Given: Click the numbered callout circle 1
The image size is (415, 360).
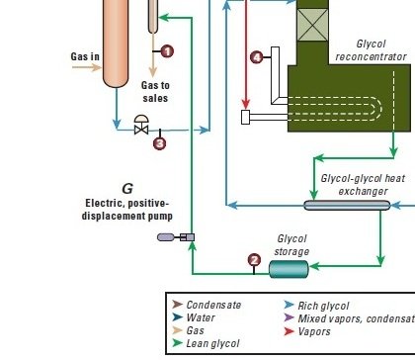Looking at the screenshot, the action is pyautogui.click(x=167, y=51).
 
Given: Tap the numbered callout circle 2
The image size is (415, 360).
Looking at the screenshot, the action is pyautogui.click(x=254, y=260).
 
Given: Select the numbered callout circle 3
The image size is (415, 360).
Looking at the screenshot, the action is pyautogui.click(x=160, y=143).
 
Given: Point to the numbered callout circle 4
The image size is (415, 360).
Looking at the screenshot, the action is pyautogui.click(x=257, y=57).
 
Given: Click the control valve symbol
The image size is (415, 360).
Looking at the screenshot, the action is pyautogui.click(x=141, y=125).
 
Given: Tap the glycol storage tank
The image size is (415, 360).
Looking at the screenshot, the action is pyautogui.click(x=289, y=269).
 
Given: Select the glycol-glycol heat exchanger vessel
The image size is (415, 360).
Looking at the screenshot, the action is pyautogui.click(x=347, y=206).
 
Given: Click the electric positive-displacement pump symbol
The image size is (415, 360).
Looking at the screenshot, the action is pyautogui.click(x=176, y=237).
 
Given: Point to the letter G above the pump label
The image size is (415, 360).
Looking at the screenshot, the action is pyautogui.click(x=127, y=189).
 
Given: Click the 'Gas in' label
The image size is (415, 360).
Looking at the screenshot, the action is pyautogui.click(x=85, y=56).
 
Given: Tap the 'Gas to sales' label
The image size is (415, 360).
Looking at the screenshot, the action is pyautogui.click(x=155, y=92).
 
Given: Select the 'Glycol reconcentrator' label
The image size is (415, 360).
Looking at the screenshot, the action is pyautogui.click(x=372, y=50).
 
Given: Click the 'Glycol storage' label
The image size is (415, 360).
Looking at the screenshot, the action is pyautogui.click(x=291, y=245).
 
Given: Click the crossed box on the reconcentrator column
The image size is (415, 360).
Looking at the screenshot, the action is pyautogui.click(x=312, y=25).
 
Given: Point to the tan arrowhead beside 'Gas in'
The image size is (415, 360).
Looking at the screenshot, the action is pyautogui.click(x=97, y=67).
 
